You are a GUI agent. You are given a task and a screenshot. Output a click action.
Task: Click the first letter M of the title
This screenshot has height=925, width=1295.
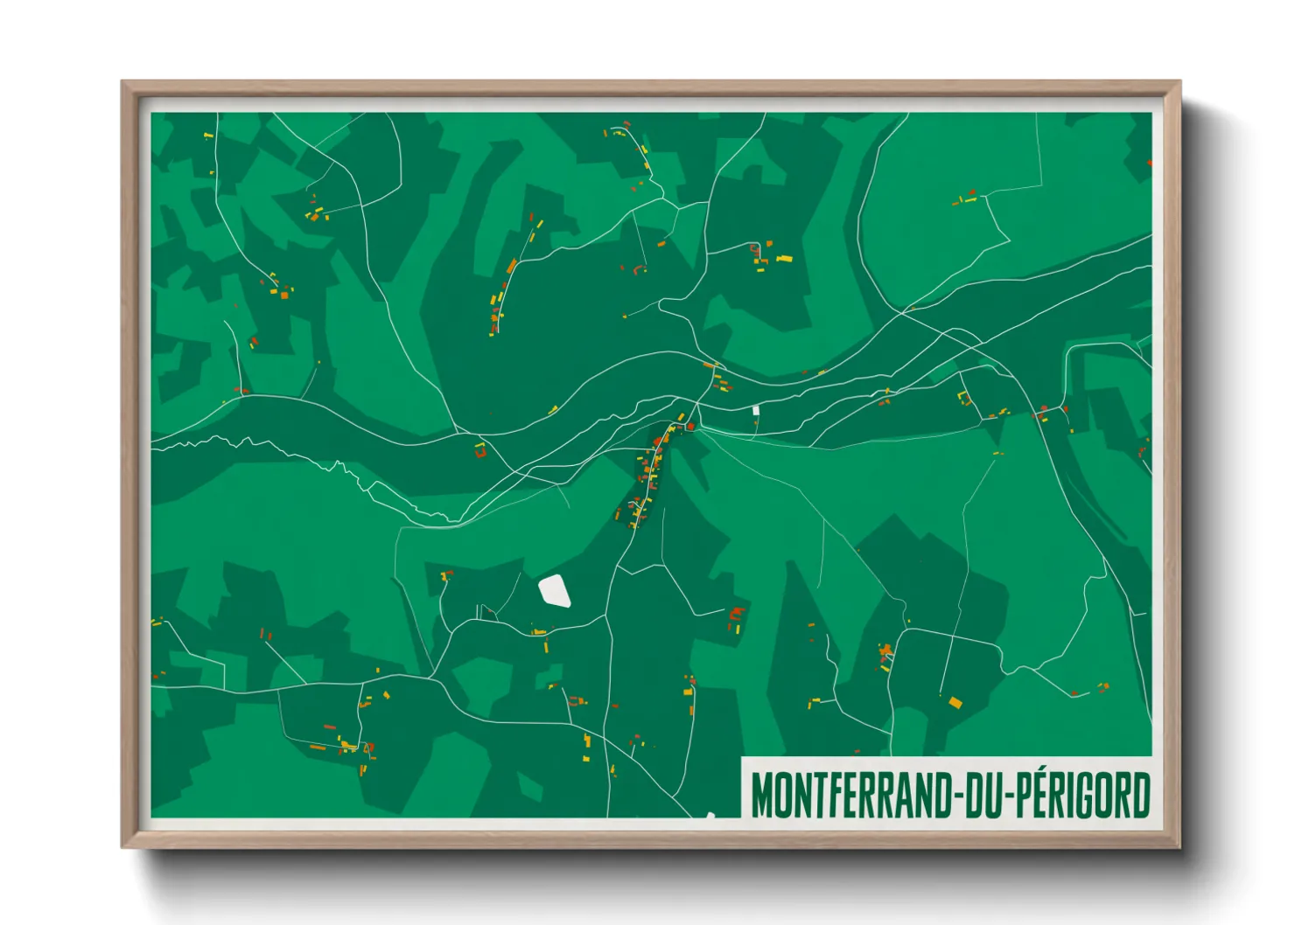point(760,795)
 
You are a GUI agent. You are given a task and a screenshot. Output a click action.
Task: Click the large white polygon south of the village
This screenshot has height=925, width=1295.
point(555,591)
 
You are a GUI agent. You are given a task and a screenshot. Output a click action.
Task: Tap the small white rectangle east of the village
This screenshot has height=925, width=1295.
point(756,409)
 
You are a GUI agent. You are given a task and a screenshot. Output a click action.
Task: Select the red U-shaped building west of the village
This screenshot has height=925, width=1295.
point(479,451)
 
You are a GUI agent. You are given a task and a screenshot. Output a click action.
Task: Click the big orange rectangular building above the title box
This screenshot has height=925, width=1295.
point(955,701)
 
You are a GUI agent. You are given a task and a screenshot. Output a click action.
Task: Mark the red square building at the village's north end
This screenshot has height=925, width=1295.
point(689,426)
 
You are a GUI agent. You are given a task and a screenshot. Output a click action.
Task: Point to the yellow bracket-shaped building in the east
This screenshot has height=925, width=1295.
point(964,398)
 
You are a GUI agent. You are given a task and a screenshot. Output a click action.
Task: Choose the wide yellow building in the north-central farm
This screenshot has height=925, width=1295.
point(783,258)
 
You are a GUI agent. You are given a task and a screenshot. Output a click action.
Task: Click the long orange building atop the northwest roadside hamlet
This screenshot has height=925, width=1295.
point(512,266)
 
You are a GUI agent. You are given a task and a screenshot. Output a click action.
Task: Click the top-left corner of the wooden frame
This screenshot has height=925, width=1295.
point(124,84)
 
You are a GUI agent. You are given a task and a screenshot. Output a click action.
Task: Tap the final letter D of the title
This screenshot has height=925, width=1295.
point(1141,795)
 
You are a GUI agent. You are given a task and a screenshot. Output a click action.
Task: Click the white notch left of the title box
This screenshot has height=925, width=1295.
point(710,815)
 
